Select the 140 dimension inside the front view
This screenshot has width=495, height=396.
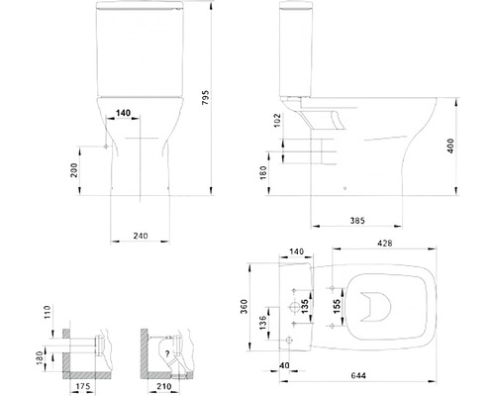tap(124, 114)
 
